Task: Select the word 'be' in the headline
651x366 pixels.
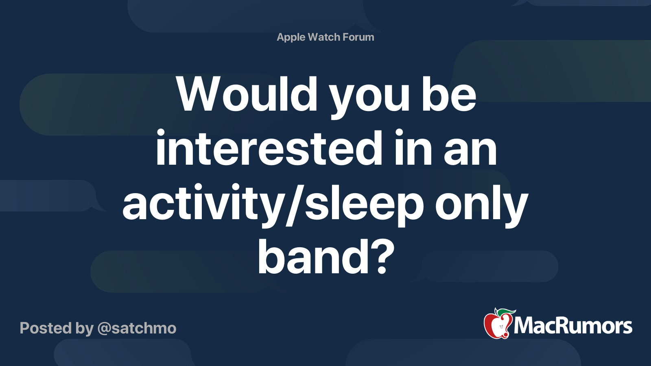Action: click(x=449, y=94)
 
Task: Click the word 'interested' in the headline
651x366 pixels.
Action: click(x=269, y=148)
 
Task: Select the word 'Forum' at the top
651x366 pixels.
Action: click(x=358, y=37)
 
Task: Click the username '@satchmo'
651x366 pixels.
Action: click(x=137, y=328)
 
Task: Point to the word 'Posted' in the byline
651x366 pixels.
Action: click(x=46, y=328)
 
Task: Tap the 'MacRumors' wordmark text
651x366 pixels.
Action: click(x=573, y=326)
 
